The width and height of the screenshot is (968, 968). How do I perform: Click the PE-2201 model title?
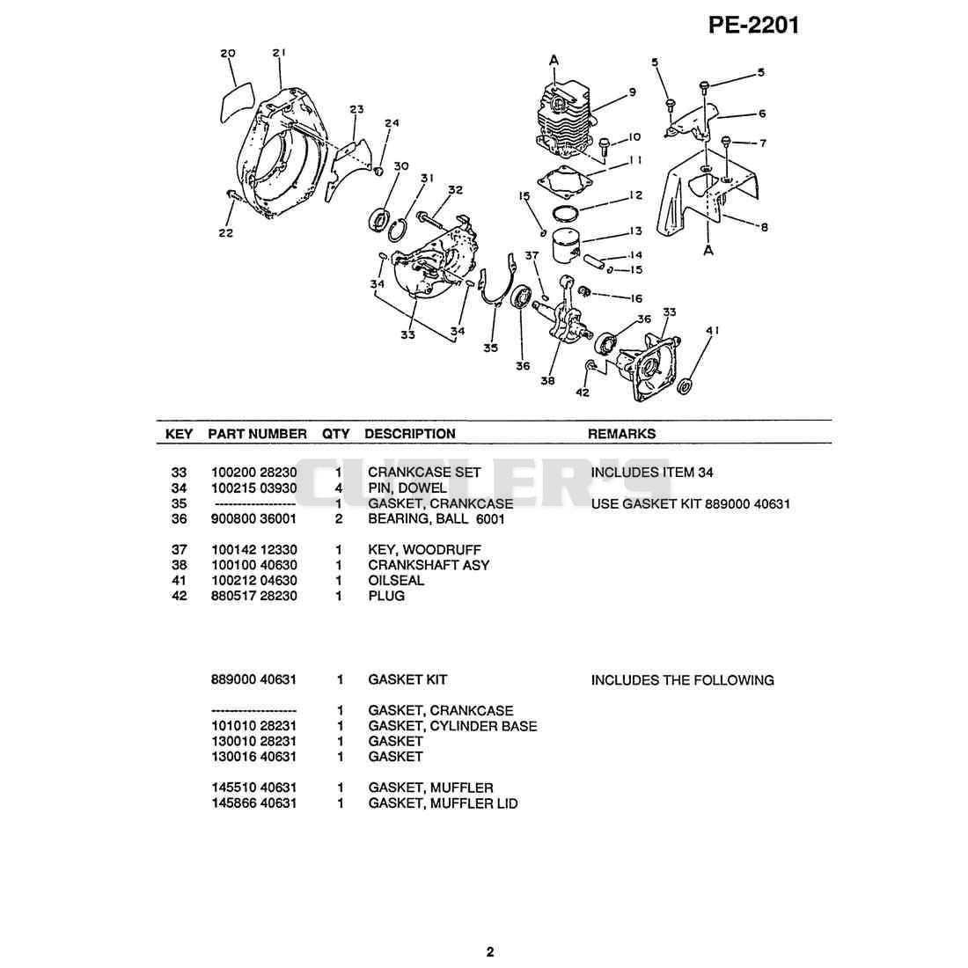pyautogui.click(x=753, y=25)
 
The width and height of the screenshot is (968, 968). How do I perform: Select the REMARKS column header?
pyautogui.click(x=621, y=434)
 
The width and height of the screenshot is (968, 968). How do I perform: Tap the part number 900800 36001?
pyautogui.click(x=253, y=518)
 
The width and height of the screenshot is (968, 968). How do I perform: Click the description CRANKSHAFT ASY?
pyautogui.click(x=429, y=565)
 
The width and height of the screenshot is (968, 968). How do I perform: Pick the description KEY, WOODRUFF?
pyautogui.click(x=424, y=549)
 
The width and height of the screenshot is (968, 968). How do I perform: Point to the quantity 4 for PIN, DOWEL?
pyautogui.click(x=338, y=488)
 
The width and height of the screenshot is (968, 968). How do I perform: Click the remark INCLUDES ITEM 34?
pyautogui.click(x=652, y=473)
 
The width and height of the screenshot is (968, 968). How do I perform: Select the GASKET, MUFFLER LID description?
pyautogui.click(x=443, y=803)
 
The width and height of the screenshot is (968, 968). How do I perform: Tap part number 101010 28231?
pyautogui.click(x=253, y=725)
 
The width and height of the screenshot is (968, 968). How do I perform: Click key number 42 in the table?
pyautogui.click(x=179, y=596)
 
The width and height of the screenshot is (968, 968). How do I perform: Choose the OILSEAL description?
pyautogui.click(x=396, y=580)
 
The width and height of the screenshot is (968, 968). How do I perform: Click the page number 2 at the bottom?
pyautogui.click(x=490, y=952)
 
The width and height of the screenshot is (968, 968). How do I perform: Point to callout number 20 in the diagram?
pyautogui.click(x=228, y=54)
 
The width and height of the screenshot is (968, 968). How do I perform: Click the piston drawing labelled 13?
pyautogui.click(x=568, y=246)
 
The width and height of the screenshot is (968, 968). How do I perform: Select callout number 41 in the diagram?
pyautogui.click(x=713, y=330)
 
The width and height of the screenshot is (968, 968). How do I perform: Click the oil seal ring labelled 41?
pyautogui.click(x=685, y=386)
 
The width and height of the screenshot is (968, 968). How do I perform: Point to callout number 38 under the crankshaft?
pyautogui.click(x=547, y=381)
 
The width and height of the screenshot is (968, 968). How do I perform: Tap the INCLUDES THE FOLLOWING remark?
pyautogui.click(x=682, y=679)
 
